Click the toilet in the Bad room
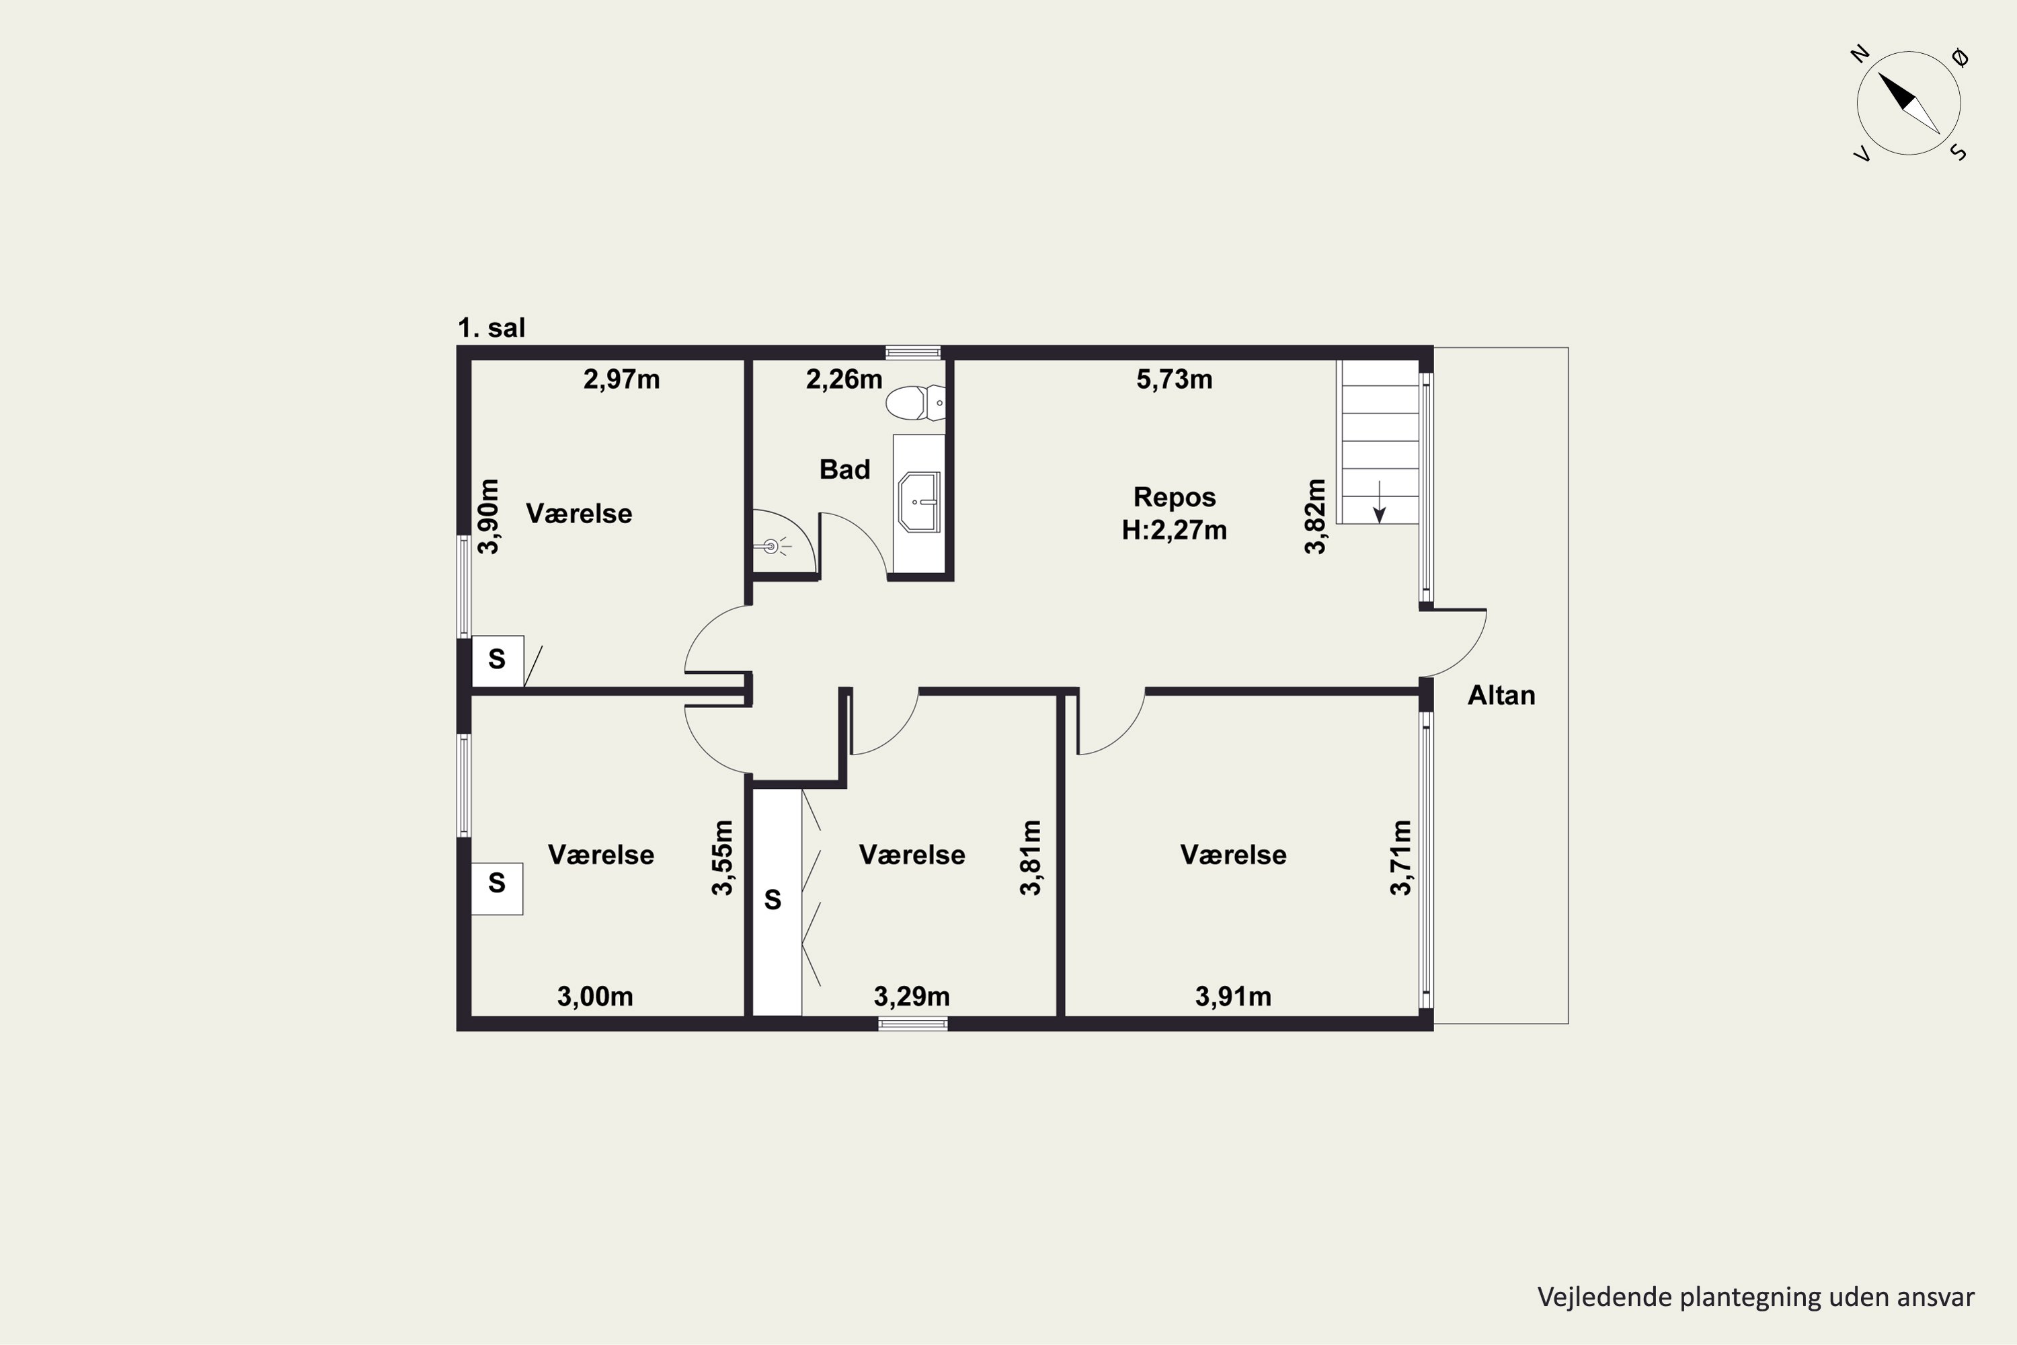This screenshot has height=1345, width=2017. click(915, 402)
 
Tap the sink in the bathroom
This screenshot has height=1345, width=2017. click(919, 502)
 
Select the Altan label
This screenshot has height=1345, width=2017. click(1501, 695)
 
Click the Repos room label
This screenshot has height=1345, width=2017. click(1174, 497)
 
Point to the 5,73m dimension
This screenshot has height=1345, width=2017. click(1174, 379)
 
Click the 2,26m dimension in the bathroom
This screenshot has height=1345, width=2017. click(844, 379)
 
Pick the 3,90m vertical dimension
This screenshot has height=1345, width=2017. click(488, 516)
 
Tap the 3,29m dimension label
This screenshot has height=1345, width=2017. click(912, 996)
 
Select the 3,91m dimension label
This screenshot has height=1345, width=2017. click(1233, 996)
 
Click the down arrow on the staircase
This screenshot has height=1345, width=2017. click(1379, 502)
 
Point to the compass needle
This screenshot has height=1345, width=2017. click(1909, 103)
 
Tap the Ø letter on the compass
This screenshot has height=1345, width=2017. click(1960, 57)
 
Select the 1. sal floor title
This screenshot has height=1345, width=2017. click(491, 328)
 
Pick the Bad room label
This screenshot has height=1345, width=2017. click(844, 469)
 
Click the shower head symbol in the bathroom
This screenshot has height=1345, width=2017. click(771, 545)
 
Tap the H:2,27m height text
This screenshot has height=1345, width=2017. click(1174, 530)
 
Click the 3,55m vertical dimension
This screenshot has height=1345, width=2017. click(723, 858)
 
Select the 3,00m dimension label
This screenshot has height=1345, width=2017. click(595, 996)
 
